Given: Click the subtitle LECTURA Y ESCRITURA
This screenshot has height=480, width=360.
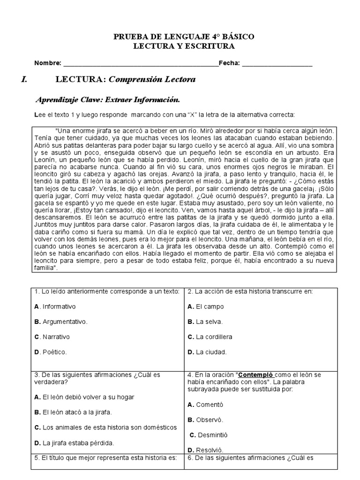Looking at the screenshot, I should (184, 46).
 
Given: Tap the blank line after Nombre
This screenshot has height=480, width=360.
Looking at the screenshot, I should (141, 64).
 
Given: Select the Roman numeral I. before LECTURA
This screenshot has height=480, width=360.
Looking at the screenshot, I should (24, 80).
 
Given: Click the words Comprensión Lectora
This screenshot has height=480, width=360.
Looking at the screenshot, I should (152, 80).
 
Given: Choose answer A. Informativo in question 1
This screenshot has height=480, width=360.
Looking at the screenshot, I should (55, 307).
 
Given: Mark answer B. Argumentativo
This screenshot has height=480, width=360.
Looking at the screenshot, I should (61, 322).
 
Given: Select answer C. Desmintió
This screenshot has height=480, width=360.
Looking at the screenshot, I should (208, 435).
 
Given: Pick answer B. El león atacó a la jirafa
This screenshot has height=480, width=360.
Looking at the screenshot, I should (73, 412).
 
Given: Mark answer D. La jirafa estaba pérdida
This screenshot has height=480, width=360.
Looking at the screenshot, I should (74, 442).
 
